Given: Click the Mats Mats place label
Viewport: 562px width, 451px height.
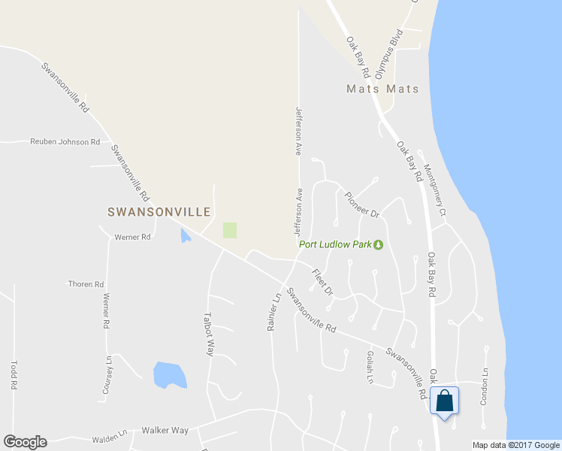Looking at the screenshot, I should [382, 89].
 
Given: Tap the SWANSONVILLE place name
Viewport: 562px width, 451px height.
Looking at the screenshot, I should [159, 213].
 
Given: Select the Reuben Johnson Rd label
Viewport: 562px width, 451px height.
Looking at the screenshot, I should [65, 141].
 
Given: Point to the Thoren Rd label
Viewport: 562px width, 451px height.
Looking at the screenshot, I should [86, 284].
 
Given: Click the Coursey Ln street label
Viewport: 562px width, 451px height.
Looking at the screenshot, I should [108, 374].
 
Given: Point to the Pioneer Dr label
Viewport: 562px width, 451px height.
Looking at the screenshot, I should [363, 204].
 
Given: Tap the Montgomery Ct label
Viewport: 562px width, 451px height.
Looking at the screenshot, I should [435, 190].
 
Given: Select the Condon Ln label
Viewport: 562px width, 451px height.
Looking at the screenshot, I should [485, 386].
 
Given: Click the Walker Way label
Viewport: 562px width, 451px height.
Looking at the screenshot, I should [165, 431].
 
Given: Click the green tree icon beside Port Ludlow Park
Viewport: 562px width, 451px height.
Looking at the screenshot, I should [379, 244].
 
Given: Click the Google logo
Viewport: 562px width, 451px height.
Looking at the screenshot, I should [25, 442].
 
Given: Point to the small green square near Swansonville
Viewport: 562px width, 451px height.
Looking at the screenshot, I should [230, 230].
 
